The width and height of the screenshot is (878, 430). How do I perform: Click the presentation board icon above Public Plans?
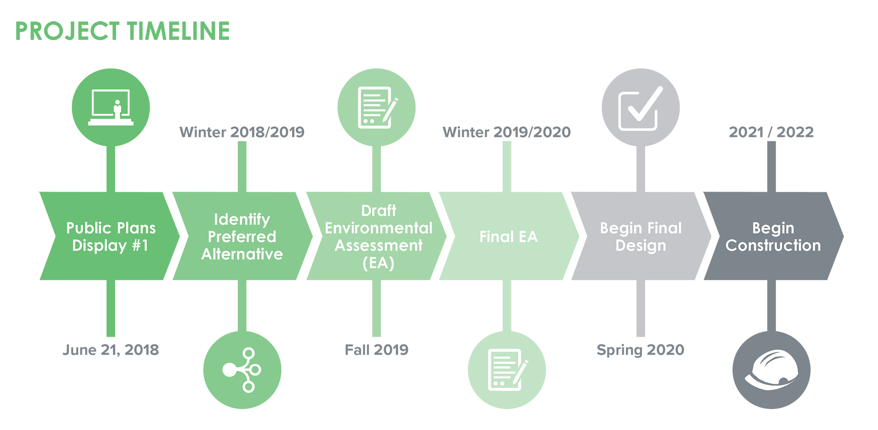111,107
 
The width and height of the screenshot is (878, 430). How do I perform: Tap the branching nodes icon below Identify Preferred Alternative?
242,370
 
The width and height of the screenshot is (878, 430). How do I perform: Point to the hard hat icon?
772,370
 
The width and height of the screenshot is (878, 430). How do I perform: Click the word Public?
88,228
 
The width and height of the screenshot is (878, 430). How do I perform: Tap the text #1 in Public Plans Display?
140,246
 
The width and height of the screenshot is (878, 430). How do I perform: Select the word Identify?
242,220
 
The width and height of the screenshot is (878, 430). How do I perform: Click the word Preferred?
242,236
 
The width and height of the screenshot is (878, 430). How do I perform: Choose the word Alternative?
242,254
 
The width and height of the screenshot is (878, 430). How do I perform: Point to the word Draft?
379,210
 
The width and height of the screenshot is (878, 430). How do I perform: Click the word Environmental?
379,228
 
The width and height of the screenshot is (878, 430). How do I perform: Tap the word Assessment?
379,245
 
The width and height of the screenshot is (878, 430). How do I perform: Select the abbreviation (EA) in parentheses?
378,263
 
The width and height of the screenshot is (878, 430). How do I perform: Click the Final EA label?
509,236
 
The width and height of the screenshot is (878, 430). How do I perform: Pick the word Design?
641,246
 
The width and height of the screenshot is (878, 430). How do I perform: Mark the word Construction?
773,245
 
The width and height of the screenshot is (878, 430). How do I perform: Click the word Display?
99,246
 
